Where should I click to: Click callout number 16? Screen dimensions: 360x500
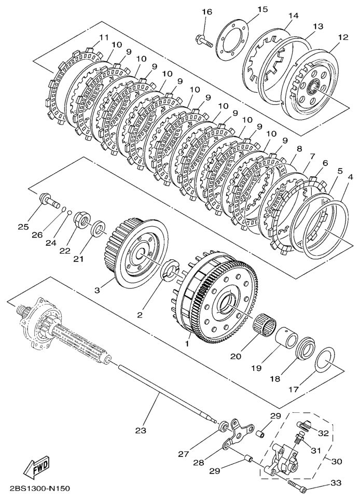click(206, 12)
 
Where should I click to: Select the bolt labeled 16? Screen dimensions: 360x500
click(203, 42)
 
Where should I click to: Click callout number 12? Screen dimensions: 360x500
click(343, 37)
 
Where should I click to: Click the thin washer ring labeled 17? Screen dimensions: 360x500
click(325, 359)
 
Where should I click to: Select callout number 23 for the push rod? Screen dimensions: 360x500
click(141, 430)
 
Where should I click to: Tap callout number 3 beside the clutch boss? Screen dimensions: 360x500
click(97, 290)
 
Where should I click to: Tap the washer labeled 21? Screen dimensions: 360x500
click(98, 228)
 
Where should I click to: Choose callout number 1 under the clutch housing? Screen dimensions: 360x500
click(187, 344)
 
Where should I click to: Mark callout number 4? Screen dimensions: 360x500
click(351, 176)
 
